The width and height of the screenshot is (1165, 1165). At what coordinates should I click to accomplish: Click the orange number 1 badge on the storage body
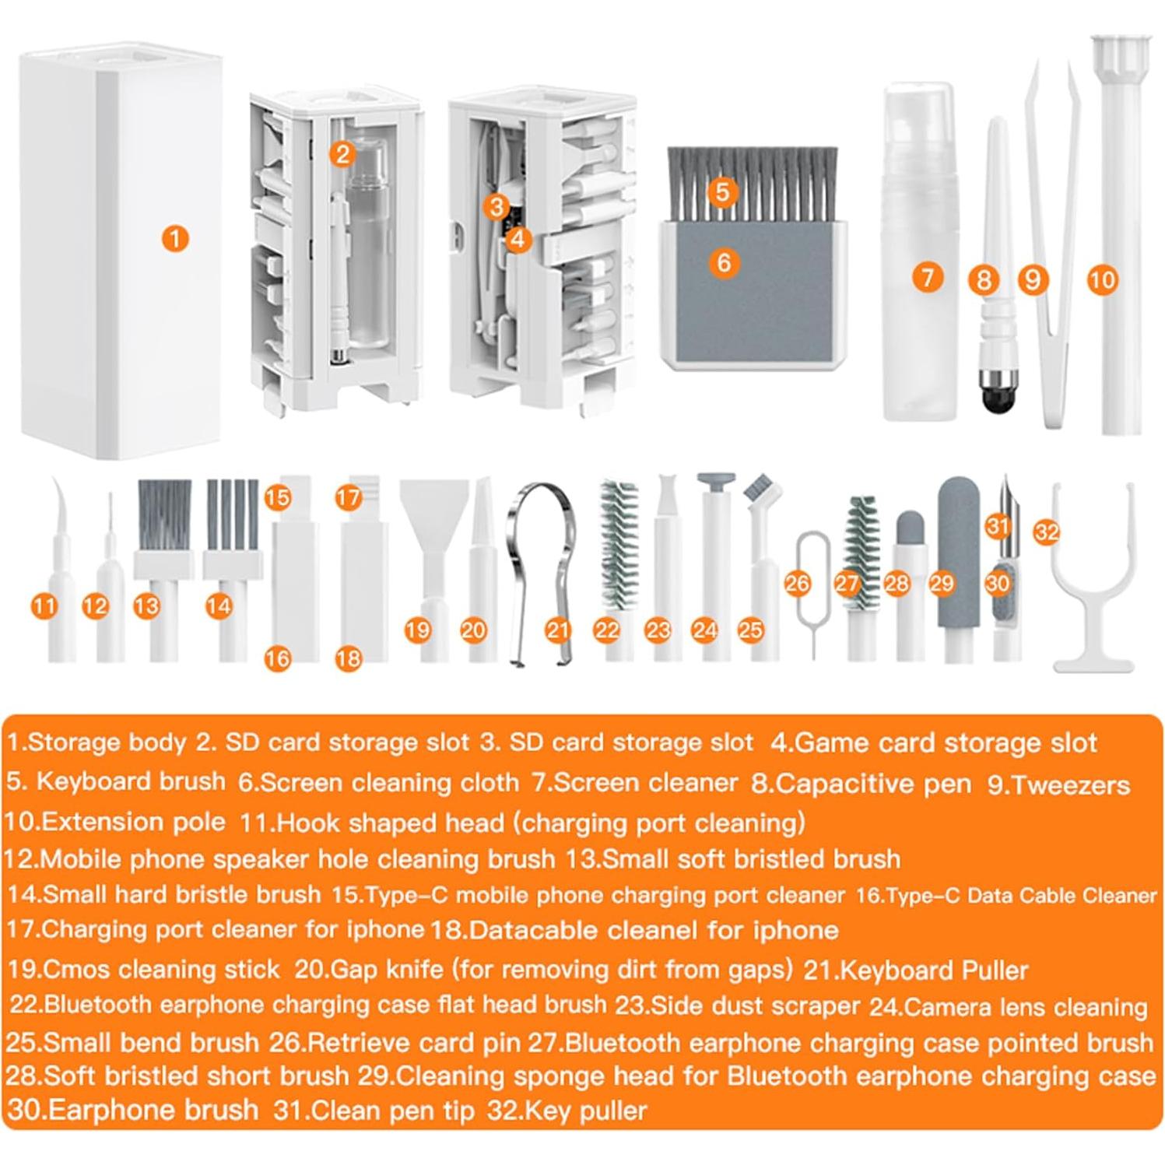pyautogui.click(x=176, y=238)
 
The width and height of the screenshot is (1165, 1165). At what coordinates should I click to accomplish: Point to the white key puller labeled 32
pyautogui.click(x=1092, y=591)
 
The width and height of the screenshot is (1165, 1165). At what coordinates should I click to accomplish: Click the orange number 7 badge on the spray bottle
pyautogui.click(x=926, y=277)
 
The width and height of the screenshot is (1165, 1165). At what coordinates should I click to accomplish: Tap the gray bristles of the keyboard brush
pyautogui.click(x=752, y=183)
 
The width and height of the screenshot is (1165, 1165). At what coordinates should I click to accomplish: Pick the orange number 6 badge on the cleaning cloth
pyautogui.click(x=723, y=262)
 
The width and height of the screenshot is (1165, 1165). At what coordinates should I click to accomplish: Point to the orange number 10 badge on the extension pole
pyautogui.click(x=1101, y=279)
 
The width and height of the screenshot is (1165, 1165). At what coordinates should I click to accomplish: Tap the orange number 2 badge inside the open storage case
pyautogui.click(x=342, y=154)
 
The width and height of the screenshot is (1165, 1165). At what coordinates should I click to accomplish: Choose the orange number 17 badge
pyautogui.click(x=349, y=497)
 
